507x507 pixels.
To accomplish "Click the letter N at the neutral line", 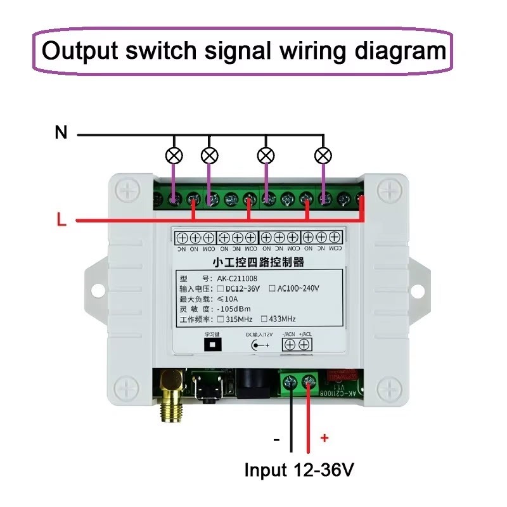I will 61,132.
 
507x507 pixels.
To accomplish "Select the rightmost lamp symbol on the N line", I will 324,155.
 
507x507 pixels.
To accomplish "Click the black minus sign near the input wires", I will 276,438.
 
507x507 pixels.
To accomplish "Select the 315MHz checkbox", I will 212,319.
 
